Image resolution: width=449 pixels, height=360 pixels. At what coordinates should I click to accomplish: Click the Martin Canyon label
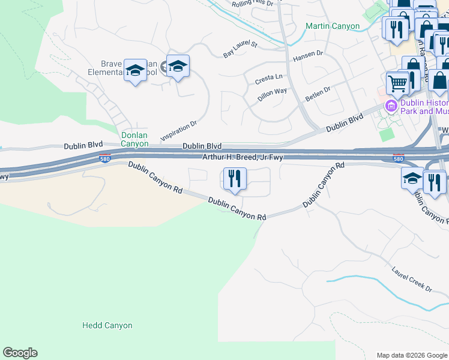click(332, 26)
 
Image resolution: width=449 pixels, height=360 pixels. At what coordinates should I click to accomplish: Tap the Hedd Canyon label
click(107, 326)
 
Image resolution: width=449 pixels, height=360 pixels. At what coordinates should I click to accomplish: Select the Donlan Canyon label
click(134, 139)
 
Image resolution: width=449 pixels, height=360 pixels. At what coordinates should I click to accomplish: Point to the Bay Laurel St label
click(240, 49)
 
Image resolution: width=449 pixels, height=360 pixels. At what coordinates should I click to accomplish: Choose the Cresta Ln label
click(268, 77)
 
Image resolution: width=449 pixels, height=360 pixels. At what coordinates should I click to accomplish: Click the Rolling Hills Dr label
click(252, 4)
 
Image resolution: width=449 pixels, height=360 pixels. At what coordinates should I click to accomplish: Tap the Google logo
click(20, 353)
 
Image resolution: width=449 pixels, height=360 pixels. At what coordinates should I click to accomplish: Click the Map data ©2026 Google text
click(412, 355)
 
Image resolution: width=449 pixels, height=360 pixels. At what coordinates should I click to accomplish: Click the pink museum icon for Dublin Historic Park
click(392, 106)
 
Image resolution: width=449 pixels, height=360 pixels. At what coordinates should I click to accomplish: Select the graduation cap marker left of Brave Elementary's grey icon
click(135, 70)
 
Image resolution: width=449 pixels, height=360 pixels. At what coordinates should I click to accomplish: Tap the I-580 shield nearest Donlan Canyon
click(104, 158)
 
